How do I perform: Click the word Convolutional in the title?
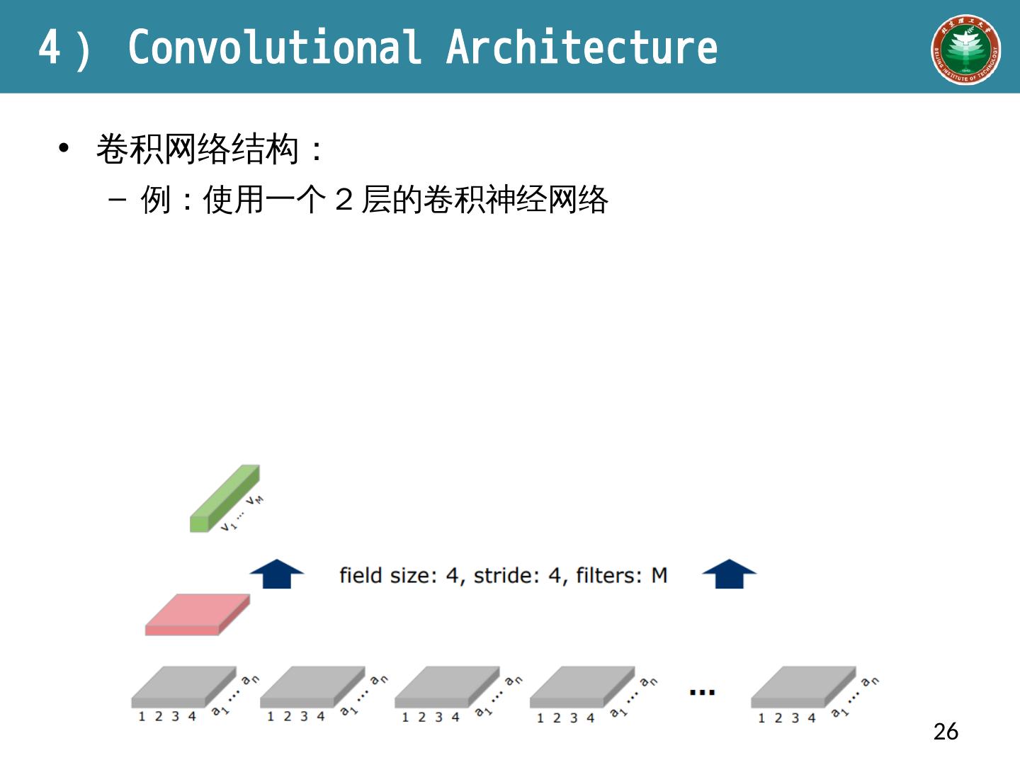click(x=275, y=47)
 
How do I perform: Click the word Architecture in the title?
click(x=582, y=47)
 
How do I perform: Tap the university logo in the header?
click(x=965, y=50)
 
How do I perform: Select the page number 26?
click(x=946, y=731)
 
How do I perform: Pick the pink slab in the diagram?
click(x=197, y=613)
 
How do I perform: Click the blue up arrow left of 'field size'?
click(x=277, y=574)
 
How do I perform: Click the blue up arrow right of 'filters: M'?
click(x=729, y=574)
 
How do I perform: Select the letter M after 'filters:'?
click(x=659, y=575)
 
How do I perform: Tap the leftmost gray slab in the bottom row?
click(x=183, y=685)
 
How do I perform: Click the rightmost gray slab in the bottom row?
click(x=803, y=685)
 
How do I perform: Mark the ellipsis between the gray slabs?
click(x=702, y=692)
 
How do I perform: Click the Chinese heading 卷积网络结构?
click(x=197, y=149)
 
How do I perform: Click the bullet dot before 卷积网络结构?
click(x=64, y=148)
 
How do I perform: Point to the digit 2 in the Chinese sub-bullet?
click(x=344, y=200)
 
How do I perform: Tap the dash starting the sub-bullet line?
click(x=118, y=200)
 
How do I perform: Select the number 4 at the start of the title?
click(x=49, y=48)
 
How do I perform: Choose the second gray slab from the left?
click(x=312, y=685)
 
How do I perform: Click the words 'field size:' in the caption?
click(x=387, y=575)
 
